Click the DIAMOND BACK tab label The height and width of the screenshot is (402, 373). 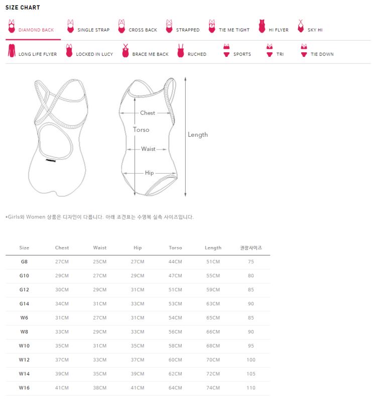pos(36,30)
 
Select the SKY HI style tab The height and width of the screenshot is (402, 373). pos(315,30)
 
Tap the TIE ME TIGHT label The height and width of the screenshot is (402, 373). pos(234,30)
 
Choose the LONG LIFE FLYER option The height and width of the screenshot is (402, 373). pos(38,54)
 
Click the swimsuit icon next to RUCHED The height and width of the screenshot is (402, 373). pos(181,50)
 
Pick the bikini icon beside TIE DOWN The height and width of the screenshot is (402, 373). pos(304,50)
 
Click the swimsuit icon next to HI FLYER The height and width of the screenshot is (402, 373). pos(262,26)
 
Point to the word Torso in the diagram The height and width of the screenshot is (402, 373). pos(141,130)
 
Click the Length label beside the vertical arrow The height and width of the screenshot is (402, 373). pos(198,135)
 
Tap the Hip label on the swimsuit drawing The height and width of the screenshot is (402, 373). pos(150,173)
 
